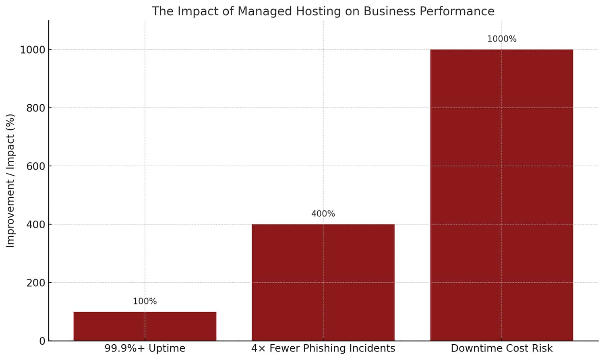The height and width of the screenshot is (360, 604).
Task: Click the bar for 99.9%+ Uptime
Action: (145, 326)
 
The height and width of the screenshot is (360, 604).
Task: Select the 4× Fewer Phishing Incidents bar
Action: (323, 282)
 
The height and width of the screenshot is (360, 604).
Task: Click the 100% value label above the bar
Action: (145, 301)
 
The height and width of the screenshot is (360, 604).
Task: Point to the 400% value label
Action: (323, 214)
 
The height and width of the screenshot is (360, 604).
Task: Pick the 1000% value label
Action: (501, 39)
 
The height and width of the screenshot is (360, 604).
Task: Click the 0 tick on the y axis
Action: (42, 341)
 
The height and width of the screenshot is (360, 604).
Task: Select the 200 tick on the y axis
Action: (36, 283)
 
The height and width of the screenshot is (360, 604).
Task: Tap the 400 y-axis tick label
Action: (36, 224)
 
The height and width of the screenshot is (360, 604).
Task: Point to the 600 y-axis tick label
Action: (36, 166)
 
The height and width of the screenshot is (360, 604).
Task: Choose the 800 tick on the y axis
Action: (36, 108)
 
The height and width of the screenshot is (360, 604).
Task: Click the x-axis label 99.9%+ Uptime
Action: (145, 348)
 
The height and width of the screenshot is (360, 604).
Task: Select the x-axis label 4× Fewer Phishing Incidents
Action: (323, 348)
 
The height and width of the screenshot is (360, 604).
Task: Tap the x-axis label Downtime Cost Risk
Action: (501, 348)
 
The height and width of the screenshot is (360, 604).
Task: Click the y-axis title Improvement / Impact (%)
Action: (10, 180)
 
